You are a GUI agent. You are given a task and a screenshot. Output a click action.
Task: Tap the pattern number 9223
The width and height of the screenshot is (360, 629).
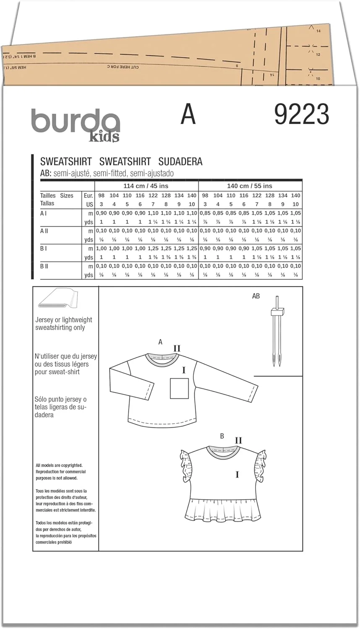(301, 114)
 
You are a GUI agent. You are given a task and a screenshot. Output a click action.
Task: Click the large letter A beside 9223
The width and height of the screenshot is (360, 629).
(188, 114)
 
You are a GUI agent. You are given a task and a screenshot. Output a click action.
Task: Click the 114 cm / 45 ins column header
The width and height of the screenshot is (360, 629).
(146, 186)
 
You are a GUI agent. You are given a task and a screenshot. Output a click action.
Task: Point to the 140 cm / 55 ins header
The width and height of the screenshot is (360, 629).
(250, 186)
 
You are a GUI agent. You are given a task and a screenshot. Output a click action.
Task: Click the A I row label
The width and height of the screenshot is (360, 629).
(44, 213)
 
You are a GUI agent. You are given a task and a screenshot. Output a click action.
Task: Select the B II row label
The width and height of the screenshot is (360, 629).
(44, 266)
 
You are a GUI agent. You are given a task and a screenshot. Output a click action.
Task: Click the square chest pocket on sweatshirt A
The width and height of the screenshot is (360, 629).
(179, 388)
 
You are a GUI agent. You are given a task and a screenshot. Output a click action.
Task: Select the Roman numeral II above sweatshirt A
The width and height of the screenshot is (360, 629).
(177, 348)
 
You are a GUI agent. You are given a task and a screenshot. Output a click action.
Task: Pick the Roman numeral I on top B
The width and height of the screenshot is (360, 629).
(237, 475)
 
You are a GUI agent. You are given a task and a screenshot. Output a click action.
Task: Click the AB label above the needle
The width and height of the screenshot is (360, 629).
(256, 296)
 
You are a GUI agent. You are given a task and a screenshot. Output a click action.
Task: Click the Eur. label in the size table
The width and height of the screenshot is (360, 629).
(88, 195)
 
